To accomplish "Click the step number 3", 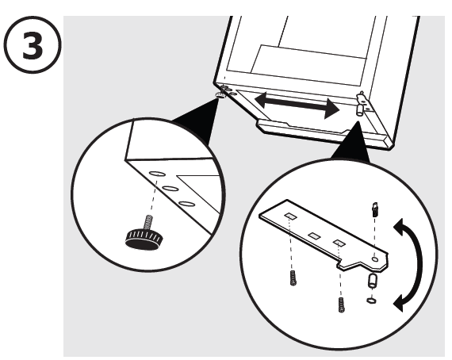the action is tap(33, 45).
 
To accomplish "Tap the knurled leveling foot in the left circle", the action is tap(144, 239).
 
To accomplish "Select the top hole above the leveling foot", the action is tap(157, 174).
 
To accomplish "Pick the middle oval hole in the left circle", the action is tap(170, 189).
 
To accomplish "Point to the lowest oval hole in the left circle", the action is tap(186, 204).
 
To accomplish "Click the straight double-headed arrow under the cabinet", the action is tap(297, 105).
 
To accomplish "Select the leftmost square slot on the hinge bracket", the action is tap(291, 216).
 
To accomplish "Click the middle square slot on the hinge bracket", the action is tap(315, 236).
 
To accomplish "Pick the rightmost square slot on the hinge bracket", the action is tap(339, 243).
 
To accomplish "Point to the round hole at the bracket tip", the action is tap(375, 259).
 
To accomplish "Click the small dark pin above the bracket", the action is tap(375, 209).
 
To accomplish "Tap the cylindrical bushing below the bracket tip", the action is tap(373, 281).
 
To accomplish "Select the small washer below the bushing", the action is tap(371, 301).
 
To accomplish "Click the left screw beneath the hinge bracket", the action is tap(293, 278).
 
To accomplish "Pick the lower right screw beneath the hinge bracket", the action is tap(341, 304).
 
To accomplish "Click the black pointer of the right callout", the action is tap(351, 143).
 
